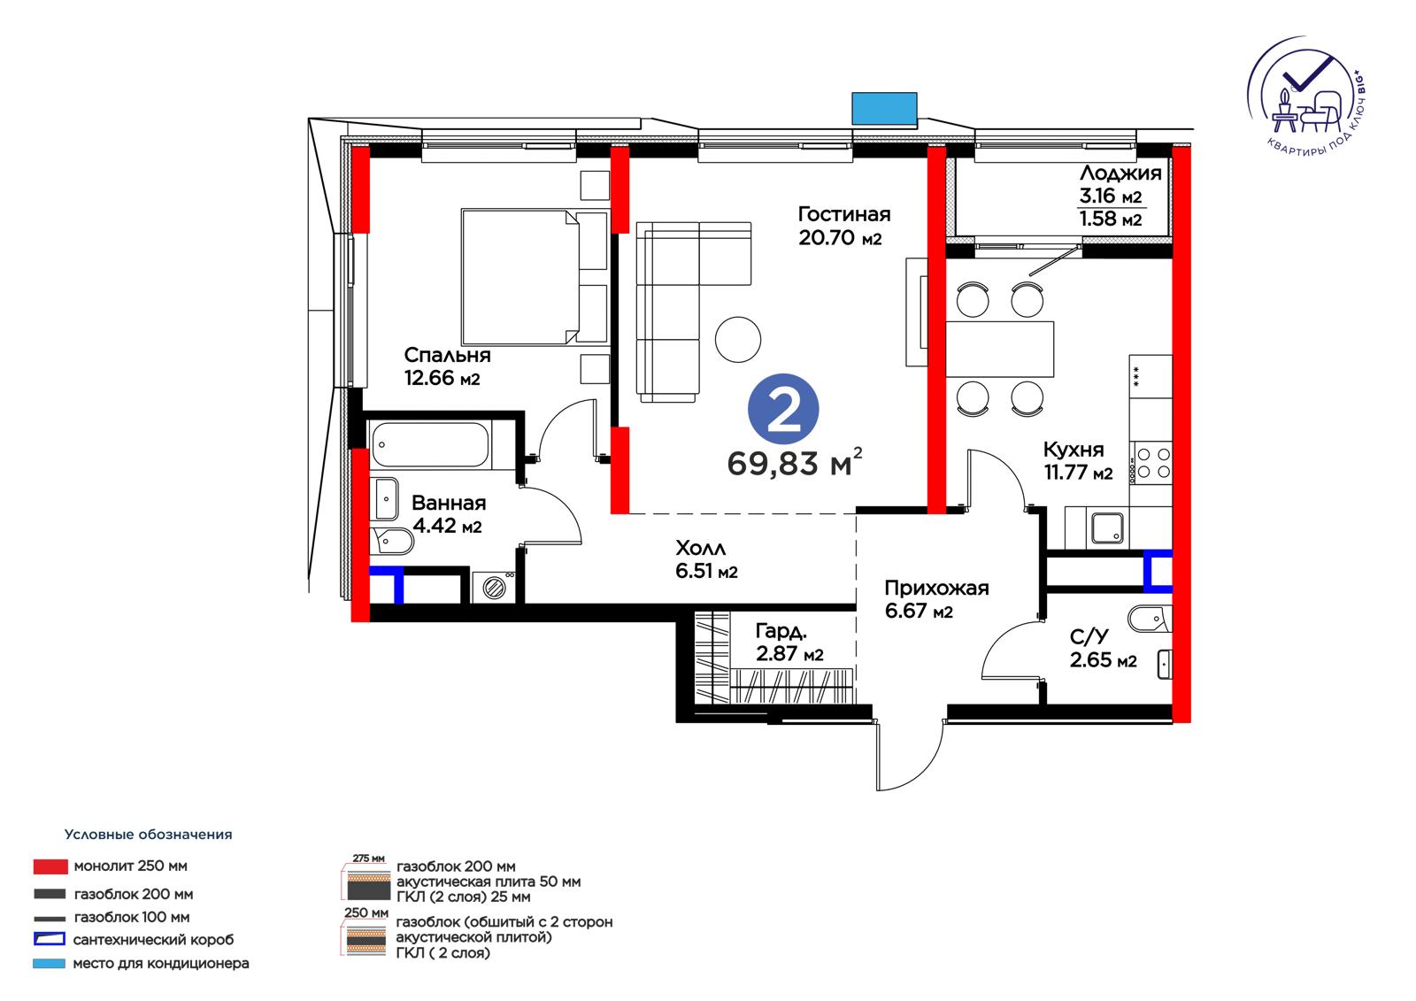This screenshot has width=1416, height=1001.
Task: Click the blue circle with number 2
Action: click(x=783, y=409)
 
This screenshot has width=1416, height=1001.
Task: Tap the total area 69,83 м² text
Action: click(x=795, y=462)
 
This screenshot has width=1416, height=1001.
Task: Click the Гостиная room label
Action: click(x=844, y=214)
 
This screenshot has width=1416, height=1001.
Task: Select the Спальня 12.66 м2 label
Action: click(x=447, y=366)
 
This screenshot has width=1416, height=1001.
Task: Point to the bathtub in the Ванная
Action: click(x=430, y=446)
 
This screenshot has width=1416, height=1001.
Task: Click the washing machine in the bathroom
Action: click(x=494, y=586)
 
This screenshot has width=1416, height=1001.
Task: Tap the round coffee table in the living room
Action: click(x=738, y=340)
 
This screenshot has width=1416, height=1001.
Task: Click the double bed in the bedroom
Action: click(x=520, y=277)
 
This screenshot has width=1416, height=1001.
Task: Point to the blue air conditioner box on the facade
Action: click(x=884, y=108)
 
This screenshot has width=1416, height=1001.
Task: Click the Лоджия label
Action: click(x=1120, y=173)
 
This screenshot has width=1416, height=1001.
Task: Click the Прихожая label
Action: click(x=936, y=588)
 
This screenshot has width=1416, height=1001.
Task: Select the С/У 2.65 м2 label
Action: click(x=1103, y=648)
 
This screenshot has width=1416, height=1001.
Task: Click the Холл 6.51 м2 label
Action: click(x=707, y=559)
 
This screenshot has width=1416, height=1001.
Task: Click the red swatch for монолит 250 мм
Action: click(x=50, y=866)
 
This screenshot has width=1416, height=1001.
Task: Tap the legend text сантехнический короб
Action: click(x=154, y=940)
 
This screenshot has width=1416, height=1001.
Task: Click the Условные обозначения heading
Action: click(x=149, y=834)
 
